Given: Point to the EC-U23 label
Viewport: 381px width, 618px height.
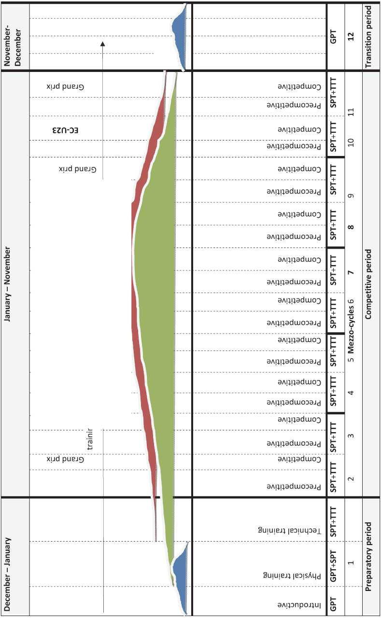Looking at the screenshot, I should coord(65,130).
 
